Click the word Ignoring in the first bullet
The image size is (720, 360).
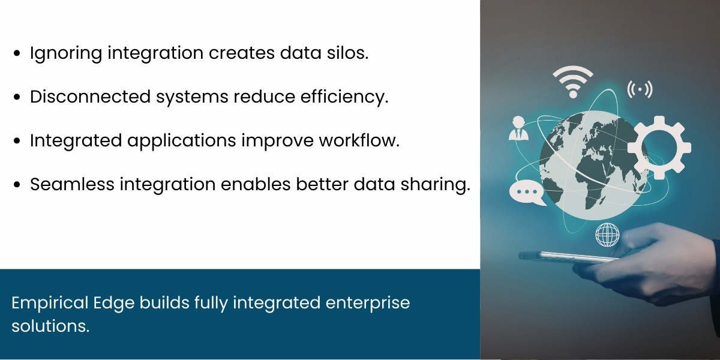[66, 53]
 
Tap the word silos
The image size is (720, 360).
[347, 52]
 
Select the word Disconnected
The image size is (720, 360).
[91, 96]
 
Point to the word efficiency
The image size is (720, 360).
[344, 97]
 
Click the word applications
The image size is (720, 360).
[182, 141]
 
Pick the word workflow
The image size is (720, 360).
[359, 140]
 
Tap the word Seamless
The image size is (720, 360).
[72, 184]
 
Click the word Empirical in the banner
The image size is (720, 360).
[50, 304]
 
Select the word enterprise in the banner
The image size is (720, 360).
[368, 304]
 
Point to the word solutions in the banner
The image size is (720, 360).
[50, 326]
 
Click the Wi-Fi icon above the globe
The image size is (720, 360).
[573, 82]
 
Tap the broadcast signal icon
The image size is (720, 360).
[640, 89]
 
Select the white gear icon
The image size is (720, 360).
[659, 148]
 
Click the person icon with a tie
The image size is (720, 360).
[518, 128]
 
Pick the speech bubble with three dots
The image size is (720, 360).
[527, 192]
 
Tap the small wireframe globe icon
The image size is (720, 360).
[607, 235]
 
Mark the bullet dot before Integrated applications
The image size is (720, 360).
[17, 140]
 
